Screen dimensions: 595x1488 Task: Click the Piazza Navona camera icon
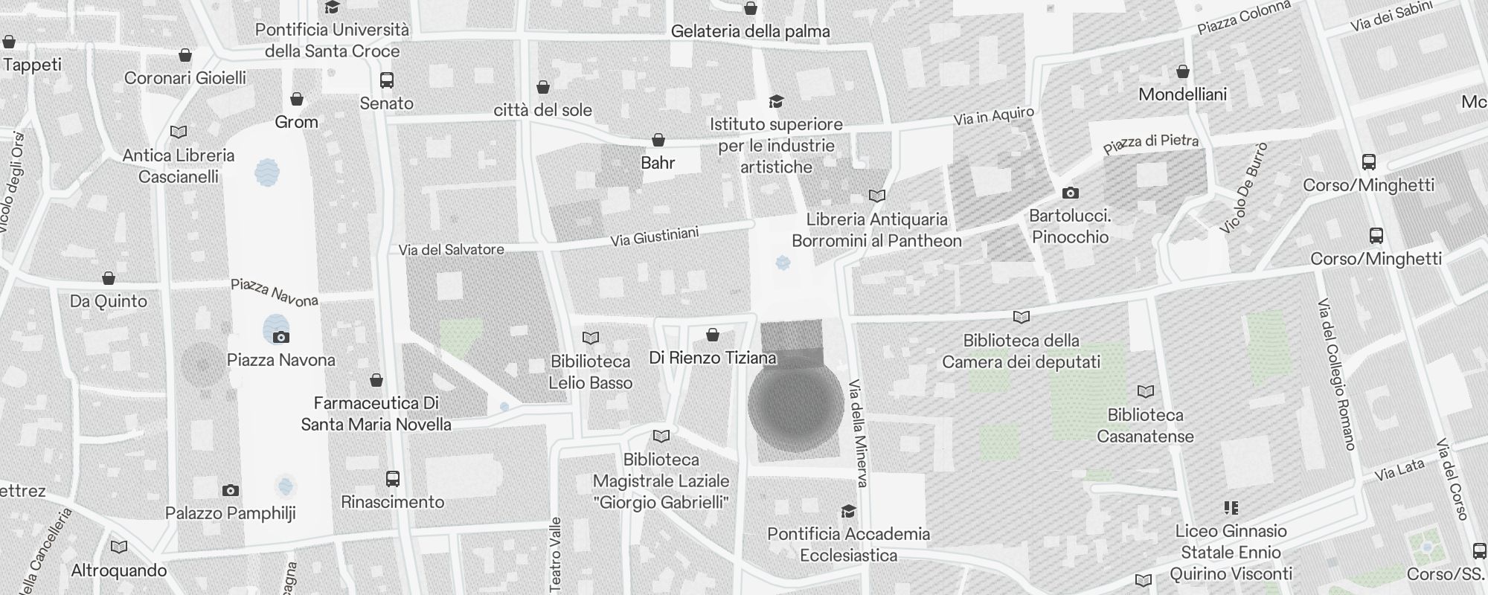click(x=280, y=337)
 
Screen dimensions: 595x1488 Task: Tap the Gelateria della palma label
click(x=750, y=31)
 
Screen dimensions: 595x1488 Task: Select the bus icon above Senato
click(x=387, y=80)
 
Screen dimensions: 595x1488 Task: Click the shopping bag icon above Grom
click(x=297, y=99)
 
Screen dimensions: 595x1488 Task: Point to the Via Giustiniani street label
click(x=654, y=237)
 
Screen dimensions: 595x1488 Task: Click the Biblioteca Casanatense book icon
click(x=1146, y=391)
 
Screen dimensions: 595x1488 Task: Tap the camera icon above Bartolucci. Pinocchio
click(x=1070, y=193)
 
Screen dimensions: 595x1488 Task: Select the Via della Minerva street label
click(x=858, y=434)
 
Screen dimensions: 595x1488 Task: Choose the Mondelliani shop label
click(x=1182, y=94)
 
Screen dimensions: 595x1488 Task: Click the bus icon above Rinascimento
click(x=393, y=479)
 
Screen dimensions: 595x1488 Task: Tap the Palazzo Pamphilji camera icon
click(x=231, y=490)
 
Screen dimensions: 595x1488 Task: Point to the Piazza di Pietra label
click(x=1150, y=143)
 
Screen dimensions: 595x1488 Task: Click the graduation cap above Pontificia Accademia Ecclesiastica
click(x=848, y=511)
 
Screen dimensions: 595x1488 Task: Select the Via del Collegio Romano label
click(x=1336, y=374)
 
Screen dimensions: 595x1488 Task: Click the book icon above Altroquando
click(x=119, y=547)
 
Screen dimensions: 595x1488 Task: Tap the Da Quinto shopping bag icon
click(x=109, y=278)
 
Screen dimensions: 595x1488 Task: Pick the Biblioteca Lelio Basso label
click(x=591, y=372)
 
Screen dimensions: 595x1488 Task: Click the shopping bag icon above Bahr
click(x=658, y=140)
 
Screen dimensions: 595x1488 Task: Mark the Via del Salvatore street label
click(x=451, y=250)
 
